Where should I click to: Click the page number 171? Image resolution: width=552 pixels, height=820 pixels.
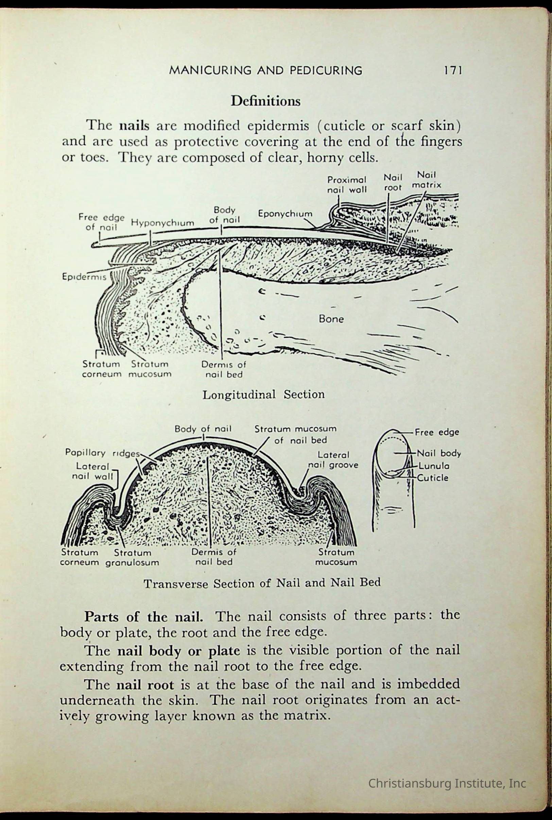(452, 70)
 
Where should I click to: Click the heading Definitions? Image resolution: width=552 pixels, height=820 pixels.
(265, 101)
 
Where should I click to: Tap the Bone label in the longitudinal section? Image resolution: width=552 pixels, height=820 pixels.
(331, 319)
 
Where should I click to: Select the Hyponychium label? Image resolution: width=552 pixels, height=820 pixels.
(162, 223)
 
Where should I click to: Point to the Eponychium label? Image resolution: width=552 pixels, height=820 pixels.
(285, 214)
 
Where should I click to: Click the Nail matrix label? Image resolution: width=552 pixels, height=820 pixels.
(426, 180)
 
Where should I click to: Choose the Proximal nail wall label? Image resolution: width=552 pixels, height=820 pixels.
(347, 185)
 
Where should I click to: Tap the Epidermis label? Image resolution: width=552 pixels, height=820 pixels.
(84, 277)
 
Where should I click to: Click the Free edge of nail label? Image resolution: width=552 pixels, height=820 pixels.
(101, 222)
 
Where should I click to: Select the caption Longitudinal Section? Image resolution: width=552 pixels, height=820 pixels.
(263, 394)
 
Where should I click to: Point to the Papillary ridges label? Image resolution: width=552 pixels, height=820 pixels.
(102, 453)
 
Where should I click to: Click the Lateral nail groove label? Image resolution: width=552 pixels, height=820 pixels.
(333, 460)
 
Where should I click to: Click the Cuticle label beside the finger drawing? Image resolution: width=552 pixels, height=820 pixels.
(433, 478)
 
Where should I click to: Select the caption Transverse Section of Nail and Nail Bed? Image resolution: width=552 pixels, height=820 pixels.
(262, 583)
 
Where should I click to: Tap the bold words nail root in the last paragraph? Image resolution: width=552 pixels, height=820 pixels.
(145, 685)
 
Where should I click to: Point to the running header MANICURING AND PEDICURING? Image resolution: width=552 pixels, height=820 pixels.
(265, 70)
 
